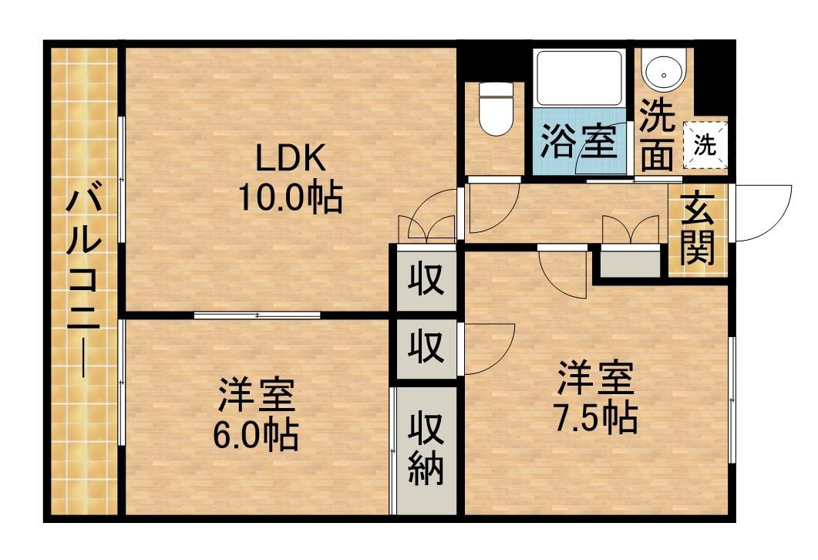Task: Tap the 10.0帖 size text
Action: click(289, 199)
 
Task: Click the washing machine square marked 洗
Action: click(705, 143)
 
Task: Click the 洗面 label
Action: click(658, 137)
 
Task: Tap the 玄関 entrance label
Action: click(696, 229)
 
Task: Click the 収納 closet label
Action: click(426, 449)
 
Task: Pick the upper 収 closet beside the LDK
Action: click(426, 278)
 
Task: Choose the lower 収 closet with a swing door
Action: click(426, 348)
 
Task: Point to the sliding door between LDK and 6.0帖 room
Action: click(257, 315)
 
